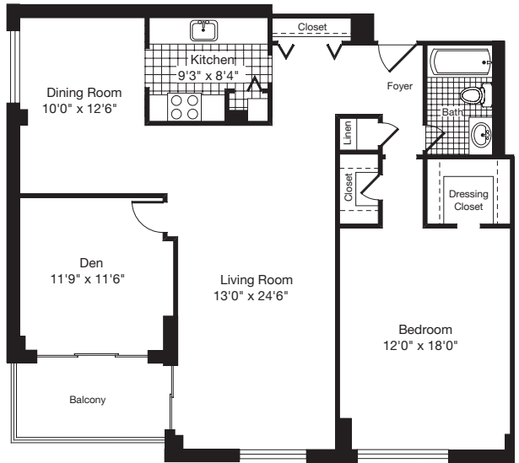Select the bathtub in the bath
click(461, 61)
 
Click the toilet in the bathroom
click(478, 95)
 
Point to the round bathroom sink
click(483, 134)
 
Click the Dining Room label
click(84, 93)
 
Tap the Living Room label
click(257, 280)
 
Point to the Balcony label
click(88, 400)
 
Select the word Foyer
click(400, 86)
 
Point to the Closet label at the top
click(312, 28)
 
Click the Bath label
click(452, 111)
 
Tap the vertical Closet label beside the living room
click(349, 187)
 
